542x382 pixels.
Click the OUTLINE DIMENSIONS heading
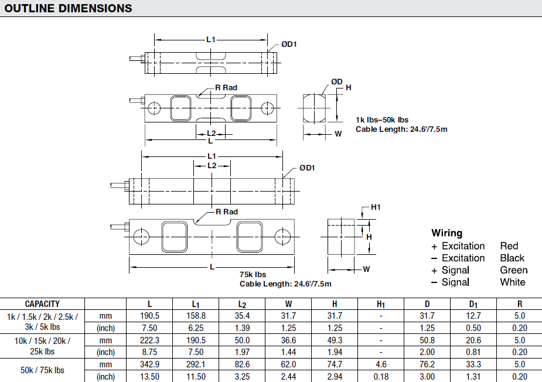[x=68, y=8]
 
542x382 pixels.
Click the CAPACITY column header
[x=42, y=304]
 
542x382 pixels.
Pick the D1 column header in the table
[x=473, y=304]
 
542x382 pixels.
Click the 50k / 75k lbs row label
[x=42, y=370]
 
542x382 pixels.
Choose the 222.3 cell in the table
[x=149, y=340]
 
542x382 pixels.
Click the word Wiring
[x=446, y=233]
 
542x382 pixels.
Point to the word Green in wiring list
[x=513, y=270]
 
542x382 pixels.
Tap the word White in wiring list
[x=513, y=282]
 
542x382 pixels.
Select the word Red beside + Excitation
[x=509, y=246]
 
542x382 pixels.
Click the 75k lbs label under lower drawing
[x=253, y=274]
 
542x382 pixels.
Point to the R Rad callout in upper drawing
[x=226, y=88]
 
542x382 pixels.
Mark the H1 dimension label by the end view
[x=376, y=207]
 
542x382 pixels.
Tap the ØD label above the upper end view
[x=336, y=81]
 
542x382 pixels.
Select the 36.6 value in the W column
[x=288, y=340]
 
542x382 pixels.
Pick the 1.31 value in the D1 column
[x=473, y=377]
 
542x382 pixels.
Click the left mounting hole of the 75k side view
[x=141, y=236]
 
